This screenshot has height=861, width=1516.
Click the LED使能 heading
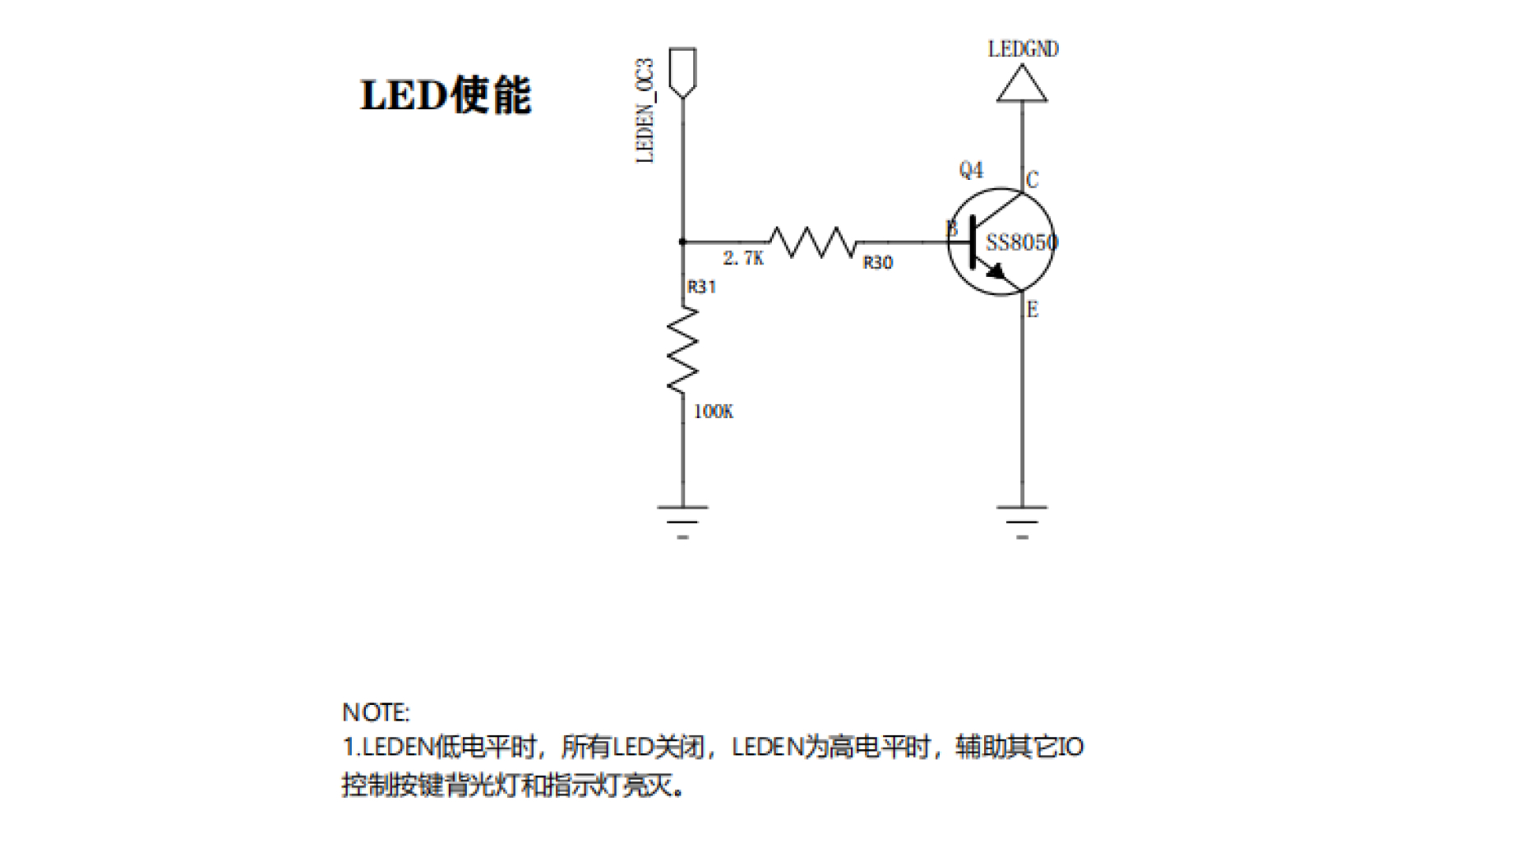tap(446, 95)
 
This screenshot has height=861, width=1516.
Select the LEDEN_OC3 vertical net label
tap(645, 111)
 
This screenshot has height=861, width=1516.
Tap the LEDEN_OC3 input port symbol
tap(682, 73)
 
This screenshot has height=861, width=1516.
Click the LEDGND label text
tap(1023, 49)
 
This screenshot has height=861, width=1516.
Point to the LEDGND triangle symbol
tap(1022, 84)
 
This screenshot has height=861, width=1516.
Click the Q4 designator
tap(971, 170)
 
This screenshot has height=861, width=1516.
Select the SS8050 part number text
tap(1022, 242)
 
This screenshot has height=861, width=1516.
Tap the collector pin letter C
tap(1033, 180)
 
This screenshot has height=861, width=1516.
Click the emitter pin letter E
tap(1033, 310)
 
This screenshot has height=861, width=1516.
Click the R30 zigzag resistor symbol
tap(813, 242)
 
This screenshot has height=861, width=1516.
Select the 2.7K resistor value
tap(743, 258)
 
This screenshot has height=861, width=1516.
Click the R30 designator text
tap(878, 263)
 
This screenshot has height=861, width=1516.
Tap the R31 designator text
tap(701, 287)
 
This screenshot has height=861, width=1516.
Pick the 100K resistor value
tap(714, 412)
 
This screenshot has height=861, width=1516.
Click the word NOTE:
tap(376, 712)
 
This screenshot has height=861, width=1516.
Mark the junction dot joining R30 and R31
tap(682, 242)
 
